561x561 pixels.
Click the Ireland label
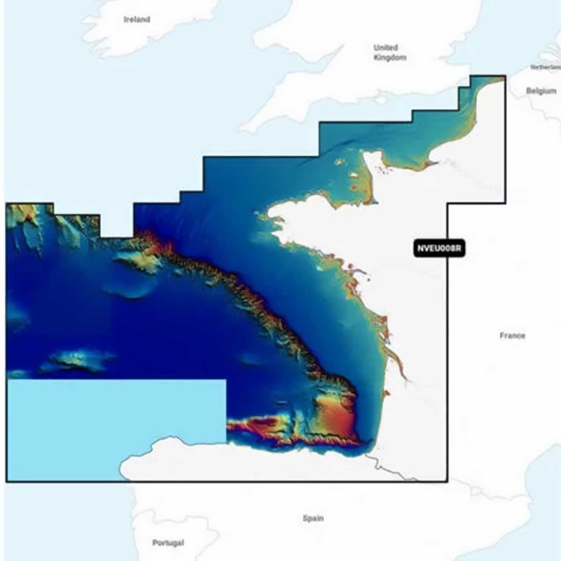pyautogui.click(x=137, y=19)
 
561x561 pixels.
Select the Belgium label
pyautogui.click(x=541, y=91)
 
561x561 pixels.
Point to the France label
pyautogui.click(x=512, y=335)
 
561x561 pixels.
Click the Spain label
pyautogui.click(x=313, y=518)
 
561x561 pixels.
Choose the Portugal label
pyautogui.click(x=168, y=543)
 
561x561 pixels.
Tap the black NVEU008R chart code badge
pyautogui.click(x=439, y=248)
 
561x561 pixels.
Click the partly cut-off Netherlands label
pyautogui.click(x=545, y=67)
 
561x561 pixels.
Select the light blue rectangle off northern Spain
pyautogui.click(x=117, y=421)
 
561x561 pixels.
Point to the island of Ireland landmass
pyautogui.click(x=140, y=28)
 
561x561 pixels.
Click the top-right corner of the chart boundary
pyautogui.click(x=505, y=76)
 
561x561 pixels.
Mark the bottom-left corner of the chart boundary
pyautogui.click(x=7, y=481)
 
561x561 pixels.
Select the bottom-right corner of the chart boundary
pyautogui.click(x=447, y=481)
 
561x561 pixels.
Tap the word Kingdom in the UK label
pyautogui.click(x=390, y=58)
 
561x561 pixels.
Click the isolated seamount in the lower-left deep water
pyautogui.click(x=77, y=361)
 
